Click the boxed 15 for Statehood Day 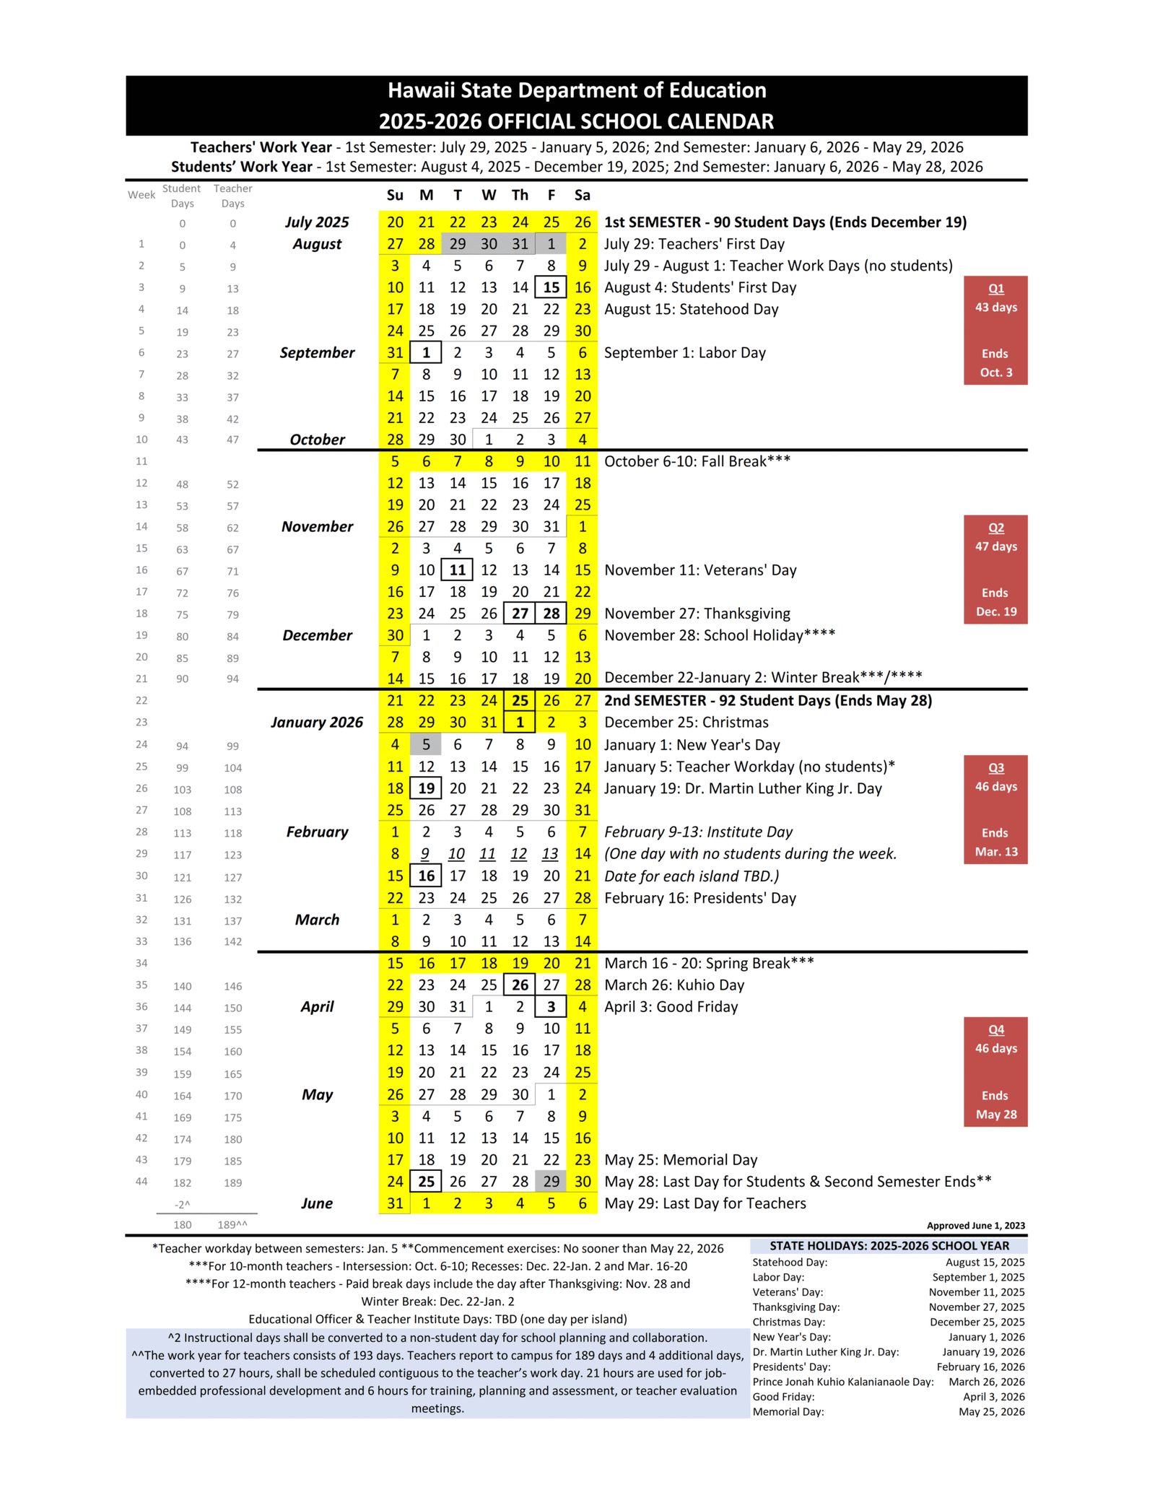[551, 287]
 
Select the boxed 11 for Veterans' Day [457, 570]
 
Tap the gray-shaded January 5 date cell [426, 744]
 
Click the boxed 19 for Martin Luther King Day [426, 788]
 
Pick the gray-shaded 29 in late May [551, 1181]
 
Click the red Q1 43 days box [995, 330]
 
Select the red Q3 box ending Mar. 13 [995, 809]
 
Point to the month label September [317, 352]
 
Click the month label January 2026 [317, 722]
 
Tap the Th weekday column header [520, 195]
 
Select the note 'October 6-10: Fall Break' [697, 461]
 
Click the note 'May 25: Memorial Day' [681, 1159]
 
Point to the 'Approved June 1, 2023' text [975, 1225]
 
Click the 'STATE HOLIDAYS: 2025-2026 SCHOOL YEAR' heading [889, 1245]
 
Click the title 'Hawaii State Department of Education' [576, 90]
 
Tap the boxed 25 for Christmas [520, 700]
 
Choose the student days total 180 [183, 1224]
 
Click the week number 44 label [141, 1181]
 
